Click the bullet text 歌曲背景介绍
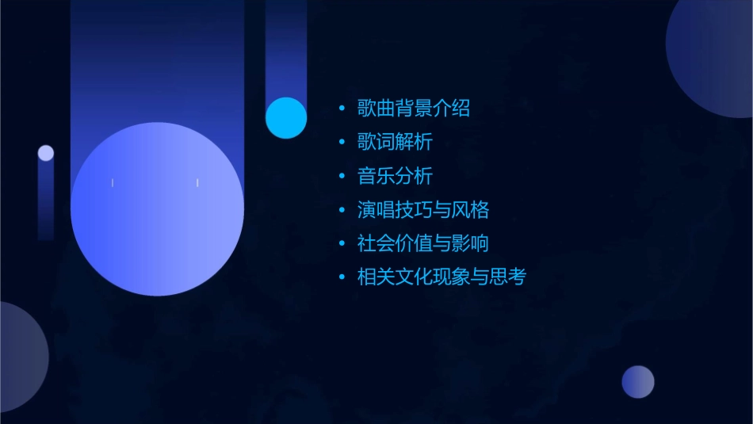tap(413, 108)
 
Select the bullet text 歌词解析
tap(394, 142)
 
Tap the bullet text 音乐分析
tap(394, 176)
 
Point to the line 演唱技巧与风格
tap(422, 210)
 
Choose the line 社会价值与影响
tap(422, 243)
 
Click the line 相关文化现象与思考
tap(441, 277)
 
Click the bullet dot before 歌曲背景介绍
tap(342, 109)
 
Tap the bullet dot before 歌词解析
tap(342, 143)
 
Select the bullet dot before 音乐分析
tap(342, 177)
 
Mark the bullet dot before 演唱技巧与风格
tap(342, 210)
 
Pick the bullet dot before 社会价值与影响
tap(342, 244)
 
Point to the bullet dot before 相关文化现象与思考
tap(342, 277)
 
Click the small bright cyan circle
tap(286, 118)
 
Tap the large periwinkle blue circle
tap(157, 209)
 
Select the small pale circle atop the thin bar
tap(46, 153)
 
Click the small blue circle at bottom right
tap(638, 382)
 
